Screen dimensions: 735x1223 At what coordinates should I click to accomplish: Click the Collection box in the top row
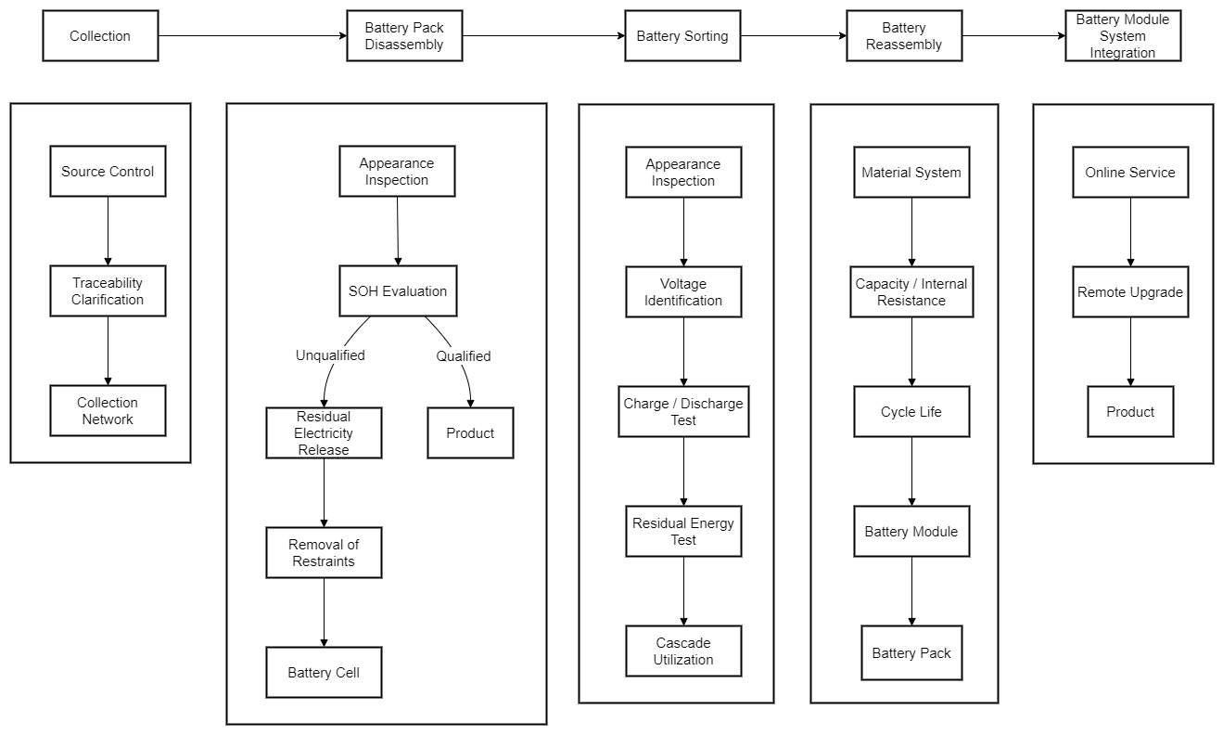point(100,36)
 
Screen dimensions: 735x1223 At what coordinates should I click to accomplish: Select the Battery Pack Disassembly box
point(404,36)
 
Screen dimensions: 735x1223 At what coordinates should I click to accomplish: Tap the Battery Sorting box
point(682,36)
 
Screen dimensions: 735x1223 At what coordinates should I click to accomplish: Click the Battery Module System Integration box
point(1123,36)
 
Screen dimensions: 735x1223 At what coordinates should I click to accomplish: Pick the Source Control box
point(108,172)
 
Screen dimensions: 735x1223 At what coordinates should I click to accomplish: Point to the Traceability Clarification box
point(108,291)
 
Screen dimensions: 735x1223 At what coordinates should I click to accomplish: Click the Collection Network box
point(108,411)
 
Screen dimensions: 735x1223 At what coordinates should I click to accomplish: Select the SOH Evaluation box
point(398,291)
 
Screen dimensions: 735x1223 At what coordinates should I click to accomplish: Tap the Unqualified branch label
point(330,355)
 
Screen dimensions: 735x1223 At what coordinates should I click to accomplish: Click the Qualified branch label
point(464,356)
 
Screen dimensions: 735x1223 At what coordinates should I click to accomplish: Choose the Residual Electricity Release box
point(324,433)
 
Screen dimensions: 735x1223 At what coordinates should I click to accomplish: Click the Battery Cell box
point(324,673)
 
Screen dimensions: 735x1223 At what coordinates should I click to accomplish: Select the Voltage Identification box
point(683,292)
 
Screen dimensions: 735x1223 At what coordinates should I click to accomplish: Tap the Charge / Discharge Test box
point(683,412)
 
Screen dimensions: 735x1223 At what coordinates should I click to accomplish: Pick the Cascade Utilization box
point(683,651)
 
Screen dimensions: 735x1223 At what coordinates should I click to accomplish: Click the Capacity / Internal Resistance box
point(911,292)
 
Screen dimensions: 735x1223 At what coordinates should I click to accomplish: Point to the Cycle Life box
point(911,412)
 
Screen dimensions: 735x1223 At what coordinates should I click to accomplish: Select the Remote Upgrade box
point(1130,292)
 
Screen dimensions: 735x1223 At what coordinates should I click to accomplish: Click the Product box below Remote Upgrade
point(1130,412)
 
